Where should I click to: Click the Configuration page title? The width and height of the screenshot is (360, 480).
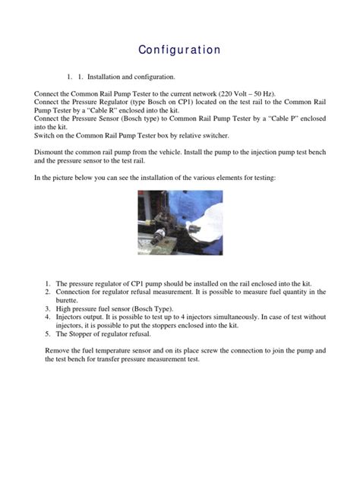pos(179,50)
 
